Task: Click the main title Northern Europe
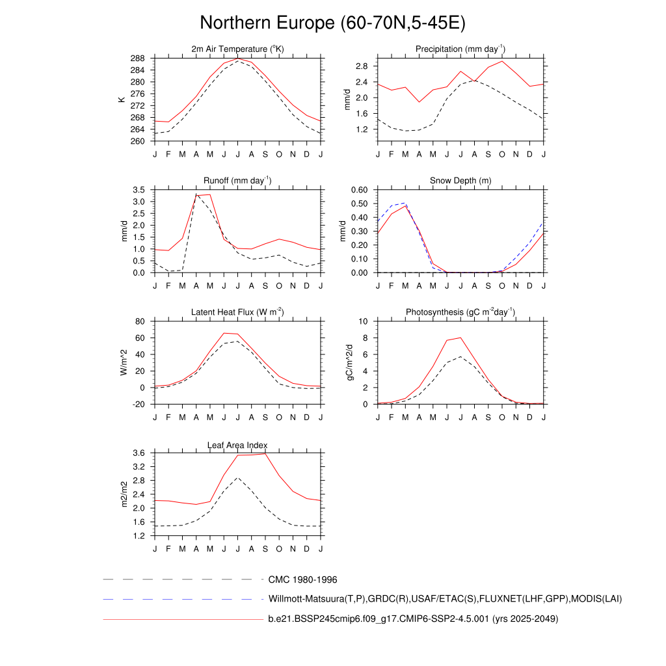click(332, 23)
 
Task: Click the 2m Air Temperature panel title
click(237, 49)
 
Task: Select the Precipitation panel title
click(460, 49)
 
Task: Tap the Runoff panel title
click(237, 181)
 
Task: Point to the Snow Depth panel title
click(460, 181)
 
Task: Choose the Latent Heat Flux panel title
click(237, 312)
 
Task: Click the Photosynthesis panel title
click(460, 312)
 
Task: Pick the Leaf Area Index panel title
click(237, 445)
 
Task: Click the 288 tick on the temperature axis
click(137, 59)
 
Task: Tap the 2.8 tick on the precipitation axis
click(362, 66)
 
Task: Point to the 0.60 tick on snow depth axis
click(360, 190)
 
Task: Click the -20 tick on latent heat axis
click(139, 405)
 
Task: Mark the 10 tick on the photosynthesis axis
click(364, 321)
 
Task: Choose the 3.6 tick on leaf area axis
click(139, 453)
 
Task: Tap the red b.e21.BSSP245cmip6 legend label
click(413, 619)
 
